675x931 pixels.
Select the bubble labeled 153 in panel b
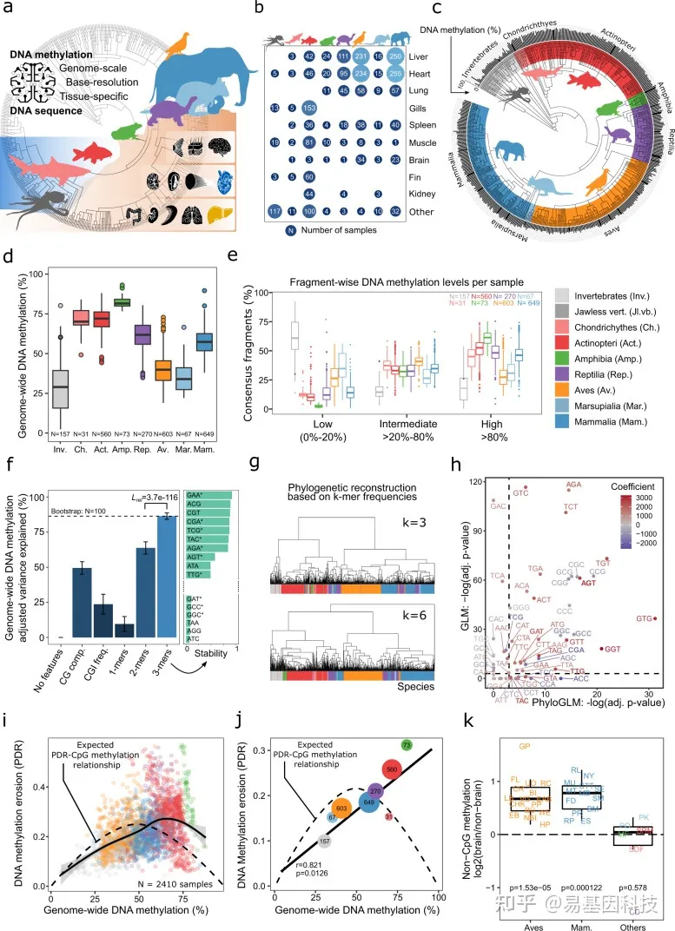(308, 108)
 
